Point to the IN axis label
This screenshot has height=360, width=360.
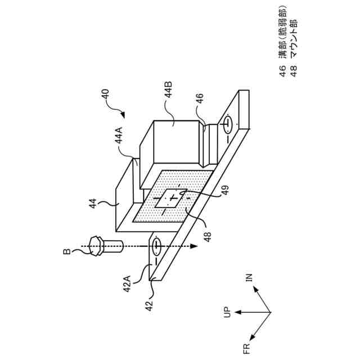coord(249,278)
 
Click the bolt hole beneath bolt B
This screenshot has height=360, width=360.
coord(156,246)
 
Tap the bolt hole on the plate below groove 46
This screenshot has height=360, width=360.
coord(228,123)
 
